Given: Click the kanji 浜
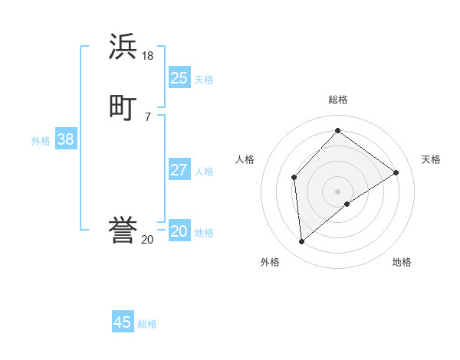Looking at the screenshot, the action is point(123,47).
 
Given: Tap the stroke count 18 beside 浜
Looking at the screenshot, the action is point(148,56).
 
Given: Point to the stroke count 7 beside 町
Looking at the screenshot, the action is point(148,116).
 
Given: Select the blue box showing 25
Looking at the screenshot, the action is point(179,78).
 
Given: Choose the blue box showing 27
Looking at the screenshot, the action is point(179,170).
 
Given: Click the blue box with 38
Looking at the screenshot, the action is point(66,139).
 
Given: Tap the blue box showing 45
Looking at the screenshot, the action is point(123,322).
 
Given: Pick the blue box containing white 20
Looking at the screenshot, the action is point(179,231).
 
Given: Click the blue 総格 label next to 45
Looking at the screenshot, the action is point(147,324).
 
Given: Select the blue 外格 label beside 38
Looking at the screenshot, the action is point(41,141).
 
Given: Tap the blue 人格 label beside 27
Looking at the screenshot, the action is point(204,172).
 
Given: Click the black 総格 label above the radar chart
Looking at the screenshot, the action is point(338,100).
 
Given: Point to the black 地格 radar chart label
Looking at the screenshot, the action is point(402,262).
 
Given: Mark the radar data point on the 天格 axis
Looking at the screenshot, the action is point(396,172).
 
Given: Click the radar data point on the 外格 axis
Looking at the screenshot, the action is point(302,242).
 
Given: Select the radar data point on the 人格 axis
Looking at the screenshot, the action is point(294,178).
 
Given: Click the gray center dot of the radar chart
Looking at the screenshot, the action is point(338,191).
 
